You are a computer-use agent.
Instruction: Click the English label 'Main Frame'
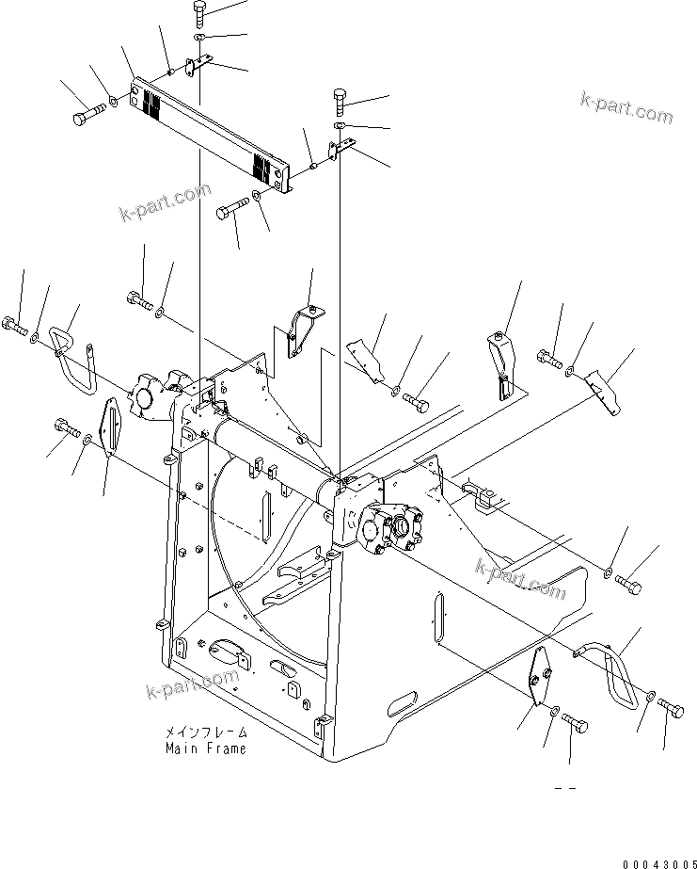point(206,748)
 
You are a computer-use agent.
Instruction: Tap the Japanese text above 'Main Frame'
point(206,732)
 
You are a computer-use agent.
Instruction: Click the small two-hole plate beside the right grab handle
point(540,675)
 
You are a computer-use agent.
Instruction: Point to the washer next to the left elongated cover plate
point(87,438)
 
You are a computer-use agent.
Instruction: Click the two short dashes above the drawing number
point(564,787)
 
